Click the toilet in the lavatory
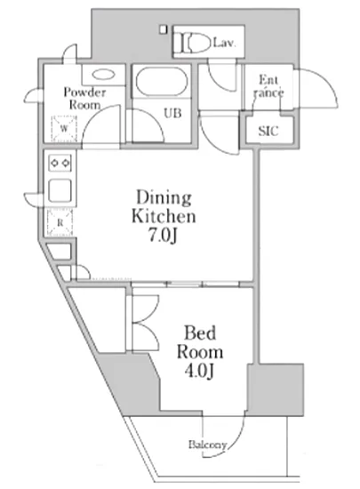click(x=192, y=43)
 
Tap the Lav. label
click(x=224, y=43)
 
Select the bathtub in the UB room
click(x=162, y=82)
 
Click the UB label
click(x=172, y=113)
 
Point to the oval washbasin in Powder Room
click(x=103, y=75)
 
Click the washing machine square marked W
click(x=64, y=129)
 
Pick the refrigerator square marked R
click(x=60, y=222)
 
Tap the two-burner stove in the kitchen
click(x=60, y=163)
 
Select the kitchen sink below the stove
click(x=60, y=191)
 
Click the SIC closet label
click(x=268, y=131)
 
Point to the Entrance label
click(x=268, y=86)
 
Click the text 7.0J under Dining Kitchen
click(x=162, y=236)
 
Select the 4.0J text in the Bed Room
click(x=199, y=371)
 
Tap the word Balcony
click(x=207, y=444)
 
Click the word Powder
click(x=84, y=92)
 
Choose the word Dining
click(x=164, y=197)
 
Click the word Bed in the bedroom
click(x=200, y=333)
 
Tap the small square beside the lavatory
click(x=163, y=29)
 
